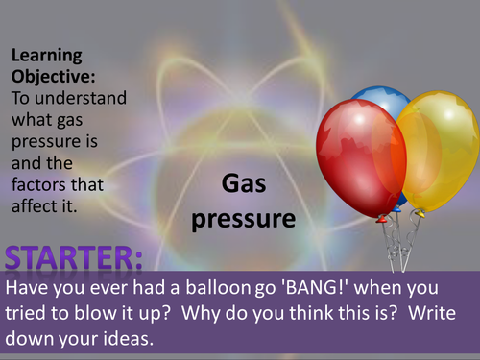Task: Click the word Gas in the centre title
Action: point(242,184)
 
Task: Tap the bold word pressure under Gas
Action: point(242,219)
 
